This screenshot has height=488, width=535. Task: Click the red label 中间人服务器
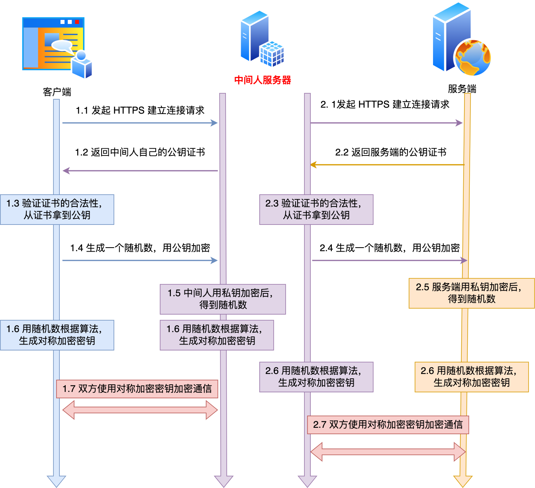click(263, 80)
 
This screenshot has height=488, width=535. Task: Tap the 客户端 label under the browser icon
click(57, 92)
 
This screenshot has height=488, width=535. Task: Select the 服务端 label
click(462, 89)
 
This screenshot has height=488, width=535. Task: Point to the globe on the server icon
click(472, 58)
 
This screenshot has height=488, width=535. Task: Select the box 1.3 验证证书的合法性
click(57, 209)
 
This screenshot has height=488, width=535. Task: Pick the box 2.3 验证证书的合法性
click(316, 209)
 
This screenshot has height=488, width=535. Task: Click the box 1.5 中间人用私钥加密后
click(223, 299)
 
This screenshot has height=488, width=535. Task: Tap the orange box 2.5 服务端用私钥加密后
click(472, 293)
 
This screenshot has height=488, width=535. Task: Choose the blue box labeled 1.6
click(57, 335)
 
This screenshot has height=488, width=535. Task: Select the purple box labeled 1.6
click(217, 335)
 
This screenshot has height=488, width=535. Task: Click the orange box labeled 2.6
click(472, 377)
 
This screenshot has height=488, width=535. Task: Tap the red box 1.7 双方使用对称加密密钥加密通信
click(137, 389)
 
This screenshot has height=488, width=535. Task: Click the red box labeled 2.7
click(388, 425)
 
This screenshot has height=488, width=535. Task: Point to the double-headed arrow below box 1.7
click(140, 410)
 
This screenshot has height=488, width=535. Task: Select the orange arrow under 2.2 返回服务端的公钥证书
click(387, 165)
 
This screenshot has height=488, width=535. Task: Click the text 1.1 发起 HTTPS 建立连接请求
click(140, 110)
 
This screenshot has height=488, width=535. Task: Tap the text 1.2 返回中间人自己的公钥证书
click(140, 152)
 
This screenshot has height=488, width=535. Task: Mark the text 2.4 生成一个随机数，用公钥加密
click(390, 248)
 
